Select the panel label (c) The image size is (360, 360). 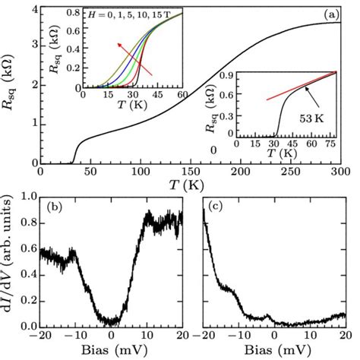pyautogui.click(x=220, y=207)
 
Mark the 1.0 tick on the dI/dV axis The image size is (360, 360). pyautogui.click(x=29, y=196)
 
